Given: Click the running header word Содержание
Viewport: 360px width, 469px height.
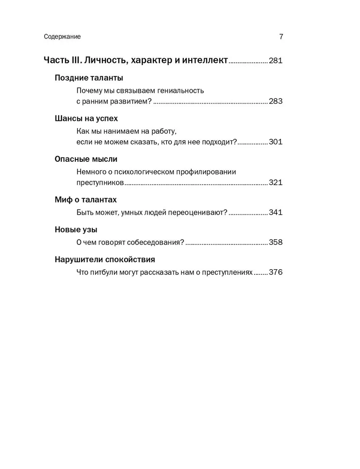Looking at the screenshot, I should tap(62, 37).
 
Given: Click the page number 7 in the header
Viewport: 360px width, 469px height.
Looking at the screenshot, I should tap(281, 37).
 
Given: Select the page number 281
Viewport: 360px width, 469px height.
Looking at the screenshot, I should tap(276, 61).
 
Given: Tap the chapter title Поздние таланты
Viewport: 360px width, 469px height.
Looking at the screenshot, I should tap(89, 78).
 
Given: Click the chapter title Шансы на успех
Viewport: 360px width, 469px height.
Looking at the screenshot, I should tap(86, 119).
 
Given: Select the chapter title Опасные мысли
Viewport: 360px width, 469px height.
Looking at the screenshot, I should tap(86, 159).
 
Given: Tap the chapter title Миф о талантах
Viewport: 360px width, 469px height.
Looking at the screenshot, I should tap(85, 200).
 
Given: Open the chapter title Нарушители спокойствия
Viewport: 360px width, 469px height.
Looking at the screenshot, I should tap(105, 259).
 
